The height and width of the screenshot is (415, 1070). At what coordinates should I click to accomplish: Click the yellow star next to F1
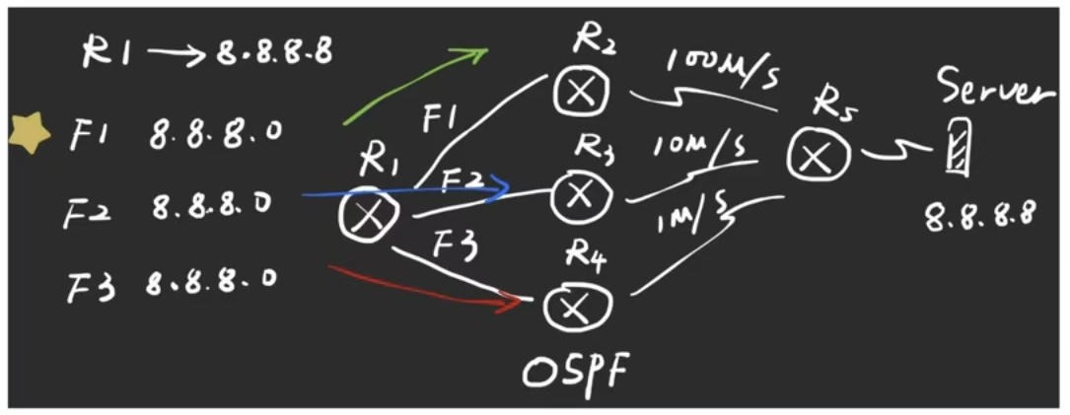pos(31,133)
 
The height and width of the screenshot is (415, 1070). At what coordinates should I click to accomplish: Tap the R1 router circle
pos(370,214)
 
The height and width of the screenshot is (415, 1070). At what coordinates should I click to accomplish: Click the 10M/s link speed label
pos(699,149)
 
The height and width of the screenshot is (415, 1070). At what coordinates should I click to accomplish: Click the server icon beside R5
pos(956,149)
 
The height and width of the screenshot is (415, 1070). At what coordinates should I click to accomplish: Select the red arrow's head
pos(512,301)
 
